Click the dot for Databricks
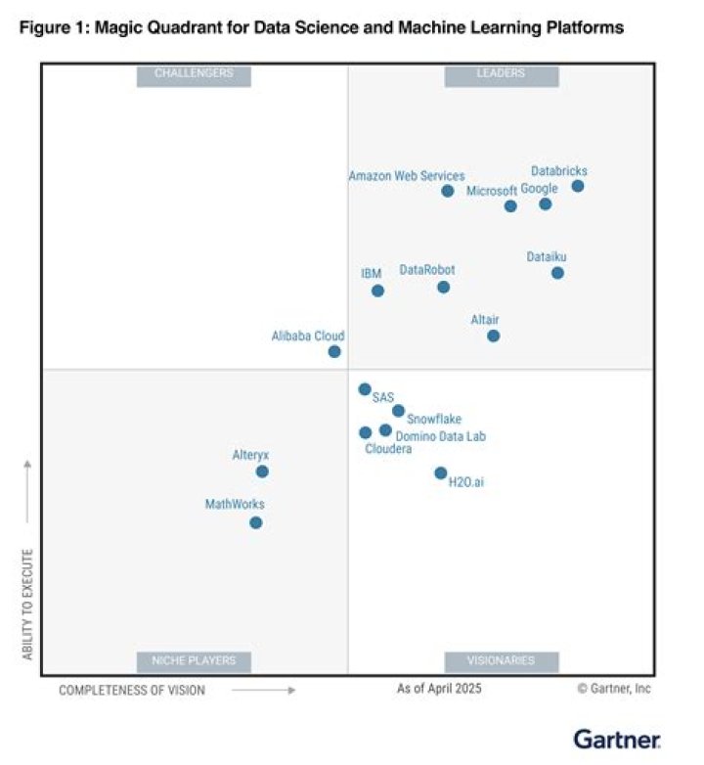(x=578, y=186)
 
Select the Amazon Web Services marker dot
(x=448, y=191)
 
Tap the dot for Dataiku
(x=557, y=273)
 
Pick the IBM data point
(x=377, y=291)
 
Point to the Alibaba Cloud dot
(x=334, y=351)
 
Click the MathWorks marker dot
(x=256, y=522)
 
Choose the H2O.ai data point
(x=441, y=473)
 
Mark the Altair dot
(x=493, y=336)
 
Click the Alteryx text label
(x=250, y=455)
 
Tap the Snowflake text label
(x=434, y=419)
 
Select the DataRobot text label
(x=427, y=270)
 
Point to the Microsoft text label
(x=491, y=191)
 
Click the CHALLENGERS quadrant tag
(x=194, y=73)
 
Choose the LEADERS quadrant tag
(x=502, y=73)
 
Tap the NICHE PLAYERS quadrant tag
(x=194, y=660)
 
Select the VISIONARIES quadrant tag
(x=502, y=660)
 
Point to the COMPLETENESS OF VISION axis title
(x=132, y=690)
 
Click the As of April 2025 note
(x=439, y=689)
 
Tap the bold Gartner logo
(x=617, y=739)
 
